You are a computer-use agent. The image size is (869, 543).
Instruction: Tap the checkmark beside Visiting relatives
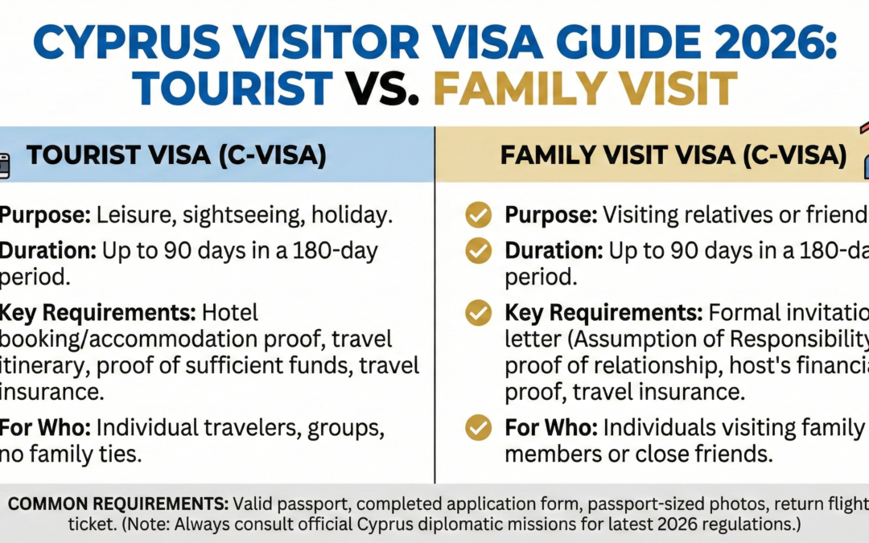(479, 215)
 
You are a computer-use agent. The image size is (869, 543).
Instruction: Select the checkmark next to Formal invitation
(479, 312)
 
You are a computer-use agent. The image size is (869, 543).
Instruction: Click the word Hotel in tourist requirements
(230, 312)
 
